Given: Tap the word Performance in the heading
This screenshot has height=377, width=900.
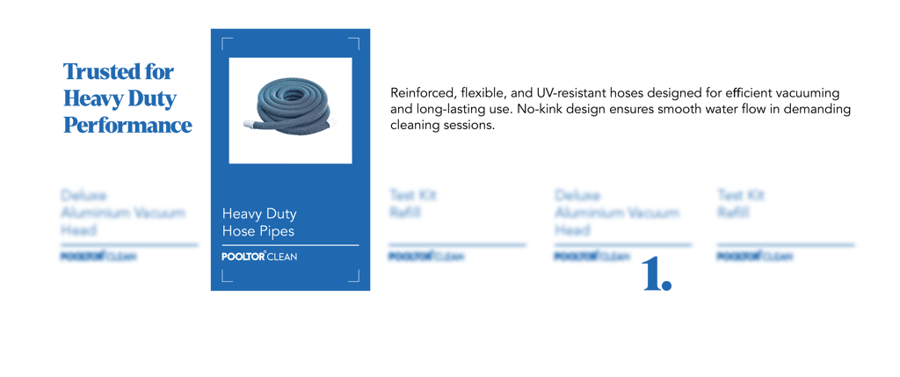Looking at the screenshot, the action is coord(128,125).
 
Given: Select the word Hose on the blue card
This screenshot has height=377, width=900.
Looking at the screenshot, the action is coord(237,230).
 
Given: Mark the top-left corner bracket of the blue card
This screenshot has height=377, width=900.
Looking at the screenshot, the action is coord(227,41).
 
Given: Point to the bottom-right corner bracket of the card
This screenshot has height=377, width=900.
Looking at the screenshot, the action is coord(353,277).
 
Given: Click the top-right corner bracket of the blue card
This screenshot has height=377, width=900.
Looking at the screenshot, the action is coord(353,41).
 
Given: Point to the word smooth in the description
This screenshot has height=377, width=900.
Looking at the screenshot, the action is coord(700,110).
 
